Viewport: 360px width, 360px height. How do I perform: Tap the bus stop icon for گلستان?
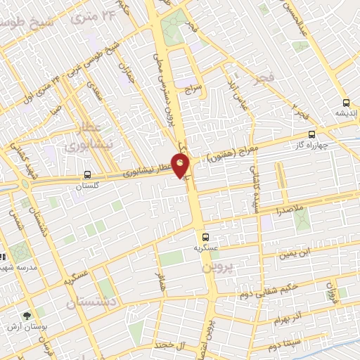coord(87,174)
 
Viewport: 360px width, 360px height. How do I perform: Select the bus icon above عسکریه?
coord(205,237)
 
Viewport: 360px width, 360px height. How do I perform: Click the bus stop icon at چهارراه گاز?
coord(312,135)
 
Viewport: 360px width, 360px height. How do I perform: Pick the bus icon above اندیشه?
coord(345,101)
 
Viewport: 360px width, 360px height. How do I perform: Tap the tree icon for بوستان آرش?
coord(27,316)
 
